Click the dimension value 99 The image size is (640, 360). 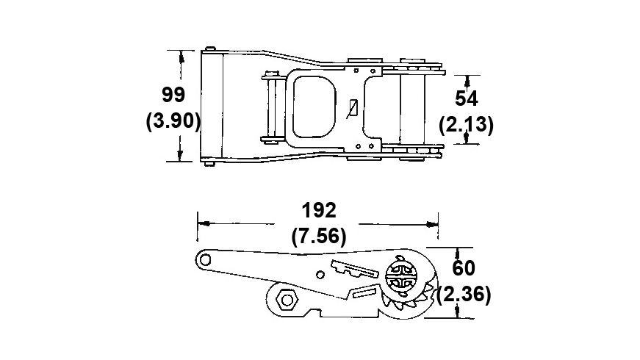coord(173,95)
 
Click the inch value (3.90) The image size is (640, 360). coord(173,120)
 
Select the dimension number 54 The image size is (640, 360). coord(467,98)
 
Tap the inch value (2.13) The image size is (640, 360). coord(466,124)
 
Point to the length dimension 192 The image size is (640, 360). coord(318,210)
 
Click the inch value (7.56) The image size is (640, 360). coord(318,236)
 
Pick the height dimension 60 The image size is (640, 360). coord(463,268)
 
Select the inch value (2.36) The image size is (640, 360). coord(464,294)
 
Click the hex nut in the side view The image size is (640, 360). coord(287,300)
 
